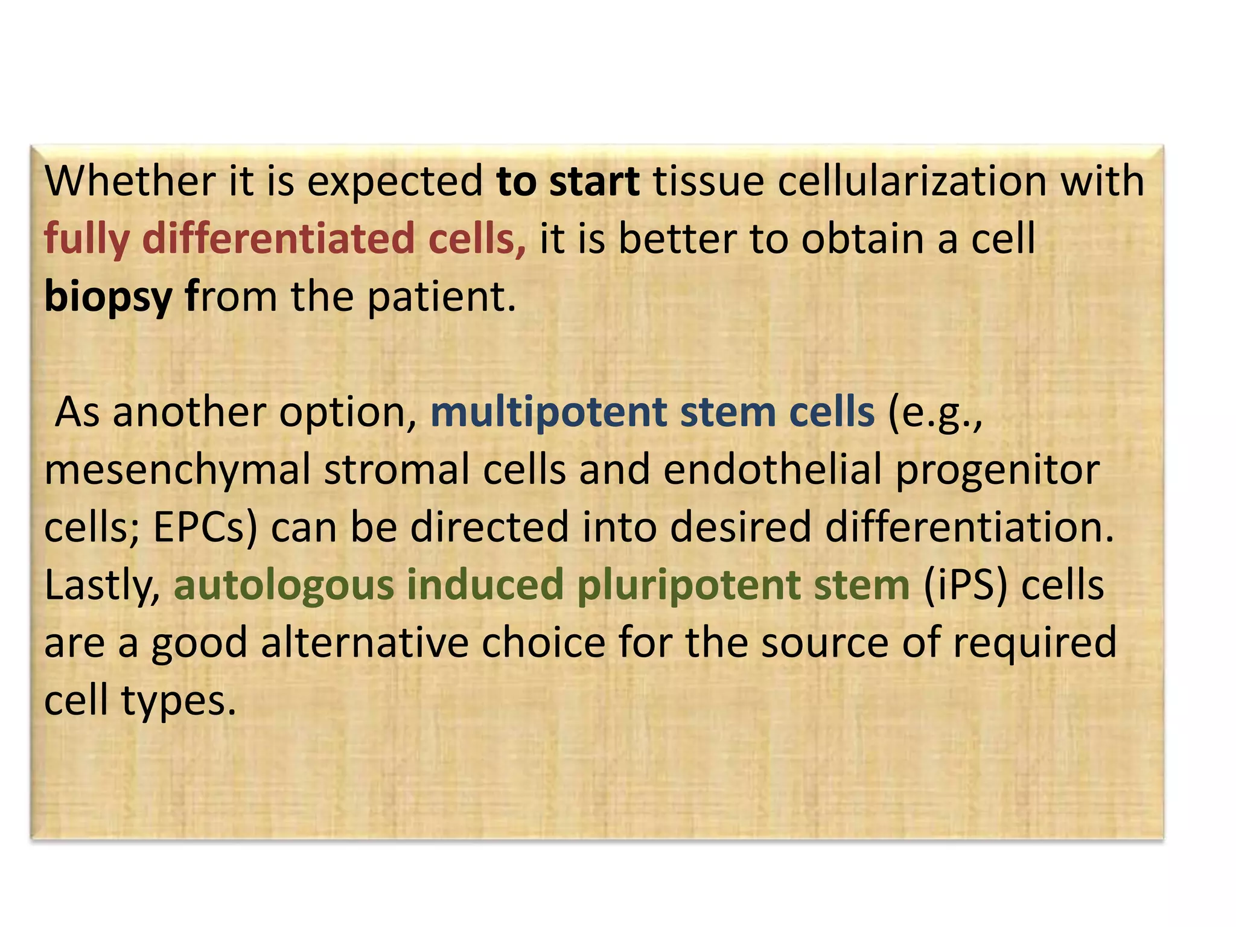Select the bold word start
click(x=594, y=181)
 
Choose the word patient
click(x=442, y=297)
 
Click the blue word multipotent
click(x=549, y=413)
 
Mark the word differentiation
click(x=969, y=527)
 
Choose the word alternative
click(x=365, y=642)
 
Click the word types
click(x=179, y=701)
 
